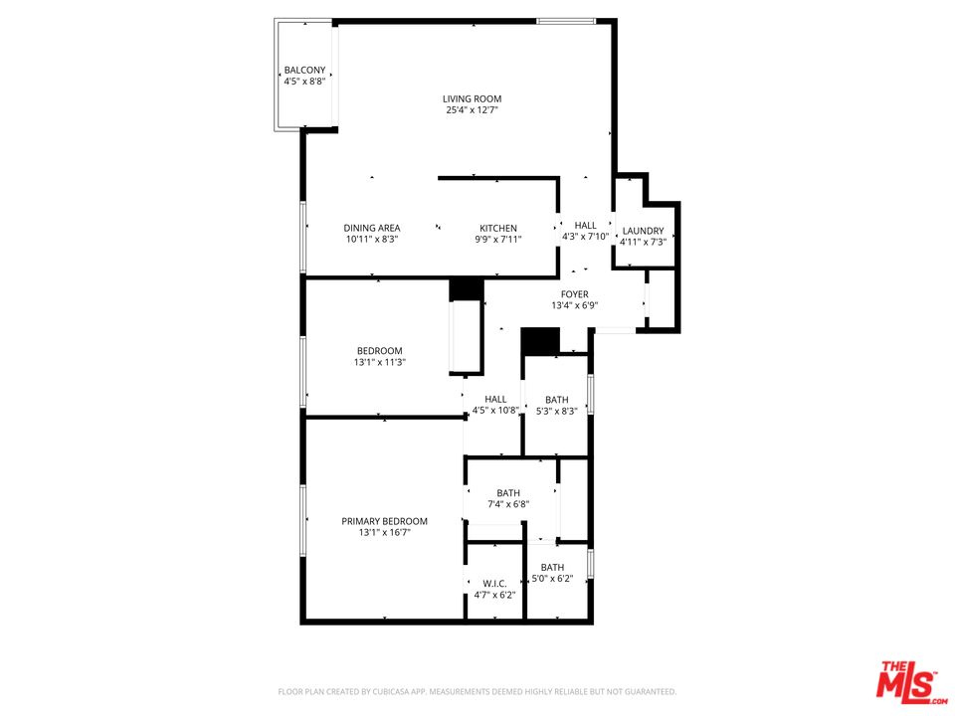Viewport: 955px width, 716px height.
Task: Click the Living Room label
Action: pos(472,98)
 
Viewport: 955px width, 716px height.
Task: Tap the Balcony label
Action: pos(304,70)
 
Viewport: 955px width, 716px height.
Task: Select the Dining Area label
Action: pos(372,228)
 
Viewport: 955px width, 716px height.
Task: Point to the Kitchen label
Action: pos(497,228)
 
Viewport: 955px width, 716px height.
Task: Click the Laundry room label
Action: pos(643,231)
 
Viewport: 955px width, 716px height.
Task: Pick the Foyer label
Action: pos(574,294)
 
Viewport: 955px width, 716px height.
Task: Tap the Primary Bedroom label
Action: pos(384,521)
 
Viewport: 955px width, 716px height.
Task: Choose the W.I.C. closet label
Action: pos(494,583)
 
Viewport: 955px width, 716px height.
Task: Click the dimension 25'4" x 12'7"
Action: pos(472,110)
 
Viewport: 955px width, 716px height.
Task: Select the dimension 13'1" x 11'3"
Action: pos(380,362)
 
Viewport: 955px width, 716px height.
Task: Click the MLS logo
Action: pos(907,680)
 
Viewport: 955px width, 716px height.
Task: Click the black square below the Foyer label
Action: pos(541,340)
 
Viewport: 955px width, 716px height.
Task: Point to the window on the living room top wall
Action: pos(565,21)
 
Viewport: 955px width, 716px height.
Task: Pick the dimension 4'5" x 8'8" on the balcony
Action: pos(304,82)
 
